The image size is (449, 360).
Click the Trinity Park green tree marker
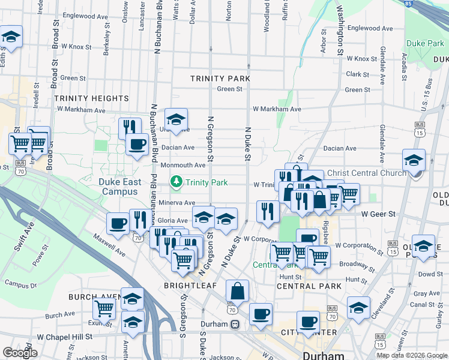[176, 181]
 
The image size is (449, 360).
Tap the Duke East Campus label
[121, 187]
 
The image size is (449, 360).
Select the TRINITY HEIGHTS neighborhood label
[91, 98]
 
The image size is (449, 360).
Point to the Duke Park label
[425, 43]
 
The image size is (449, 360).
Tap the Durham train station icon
[235, 324]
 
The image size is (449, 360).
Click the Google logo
[20, 353]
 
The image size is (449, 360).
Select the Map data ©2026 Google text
[412, 355]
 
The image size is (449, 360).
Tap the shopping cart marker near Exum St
[104, 310]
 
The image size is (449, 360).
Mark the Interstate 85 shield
[408, 4]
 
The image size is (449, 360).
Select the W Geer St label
[378, 214]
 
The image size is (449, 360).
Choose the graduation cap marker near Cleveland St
[359, 308]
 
